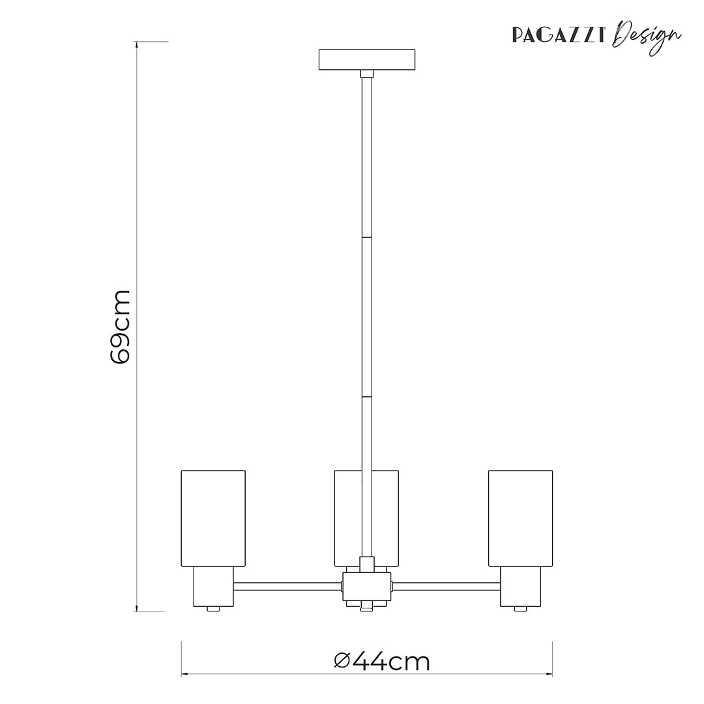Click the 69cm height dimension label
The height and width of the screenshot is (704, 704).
[x=121, y=327]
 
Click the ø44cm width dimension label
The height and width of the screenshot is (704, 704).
[x=382, y=662]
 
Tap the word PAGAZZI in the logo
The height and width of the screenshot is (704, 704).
[x=560, y=35]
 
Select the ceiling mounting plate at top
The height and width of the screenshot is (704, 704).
[x=366, y=59]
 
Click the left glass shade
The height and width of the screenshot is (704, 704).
[x=213, y=518]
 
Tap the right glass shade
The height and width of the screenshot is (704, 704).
[x=520, y=518]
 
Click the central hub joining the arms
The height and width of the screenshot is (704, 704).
[x=366, y=586]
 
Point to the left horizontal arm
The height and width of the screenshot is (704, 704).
[x=287, y=587]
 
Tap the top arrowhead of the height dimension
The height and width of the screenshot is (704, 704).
[x=136, y=44]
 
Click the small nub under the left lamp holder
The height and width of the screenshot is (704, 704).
[x=213, y=609]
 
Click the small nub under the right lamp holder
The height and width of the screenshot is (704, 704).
[x=520, y=609]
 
